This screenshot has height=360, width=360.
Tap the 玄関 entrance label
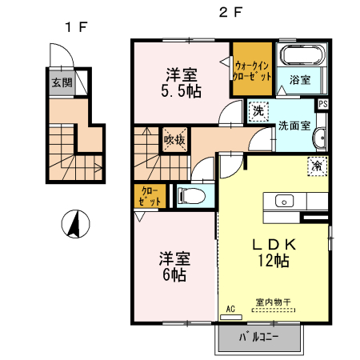point(62,82)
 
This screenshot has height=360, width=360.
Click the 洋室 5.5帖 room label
point(182,82)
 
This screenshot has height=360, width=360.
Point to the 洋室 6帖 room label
point(173,266)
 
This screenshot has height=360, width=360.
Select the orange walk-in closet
point(253,69)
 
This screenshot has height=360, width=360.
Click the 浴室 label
point(299,81)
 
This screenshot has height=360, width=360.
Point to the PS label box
point(322,104)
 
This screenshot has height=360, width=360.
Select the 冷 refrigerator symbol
point(316,166)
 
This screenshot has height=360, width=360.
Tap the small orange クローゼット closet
point(150,196)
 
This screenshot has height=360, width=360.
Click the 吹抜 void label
point(174,140)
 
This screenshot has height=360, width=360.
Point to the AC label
point(230,309)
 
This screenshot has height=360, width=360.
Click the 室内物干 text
point(272,302)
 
